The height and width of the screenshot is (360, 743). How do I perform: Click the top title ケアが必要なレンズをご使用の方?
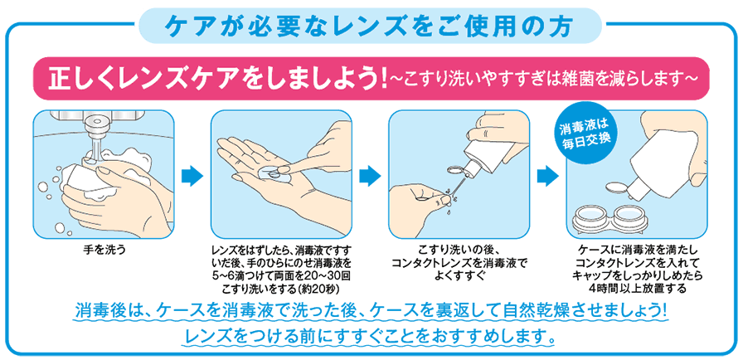click(371, 24)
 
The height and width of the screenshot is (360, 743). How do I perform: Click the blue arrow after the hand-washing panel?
click(192, 176)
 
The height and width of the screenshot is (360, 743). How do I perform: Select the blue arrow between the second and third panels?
click(369, 176)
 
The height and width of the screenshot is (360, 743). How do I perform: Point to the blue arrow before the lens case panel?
click(547, 176)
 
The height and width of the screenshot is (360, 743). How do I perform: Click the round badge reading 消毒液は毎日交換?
click(585, 133)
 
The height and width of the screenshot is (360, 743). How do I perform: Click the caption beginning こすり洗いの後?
click(458, 248)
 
